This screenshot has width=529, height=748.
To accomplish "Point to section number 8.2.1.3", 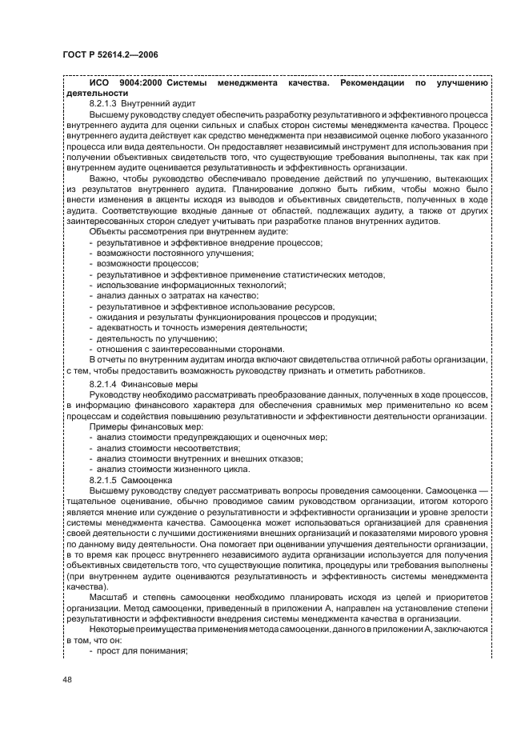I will tap(107, 104).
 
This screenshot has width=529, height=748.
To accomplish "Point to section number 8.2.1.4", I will tap(107, 385).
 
